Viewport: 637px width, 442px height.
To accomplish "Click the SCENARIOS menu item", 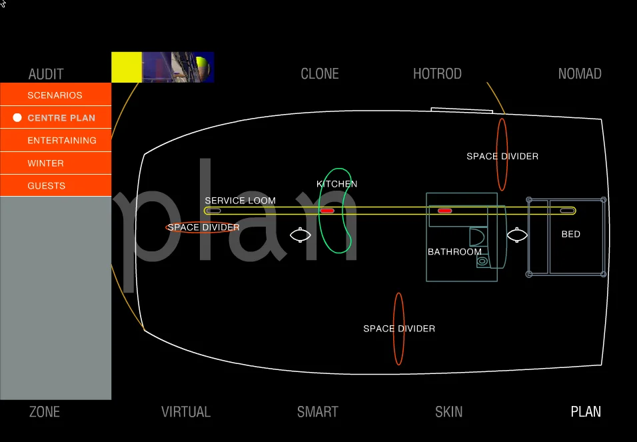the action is click(55, 95).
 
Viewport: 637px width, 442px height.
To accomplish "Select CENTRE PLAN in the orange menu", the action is click(61, 118).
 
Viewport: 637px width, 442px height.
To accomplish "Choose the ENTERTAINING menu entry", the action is click(62, 141).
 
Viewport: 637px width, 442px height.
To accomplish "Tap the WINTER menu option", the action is click(45, 163).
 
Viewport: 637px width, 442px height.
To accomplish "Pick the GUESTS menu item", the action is click(46, 186).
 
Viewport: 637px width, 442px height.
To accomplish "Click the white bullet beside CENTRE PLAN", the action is click(17, 118).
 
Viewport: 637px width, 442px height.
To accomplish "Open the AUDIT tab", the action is click(46, 74).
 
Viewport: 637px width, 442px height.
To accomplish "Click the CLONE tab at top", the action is click(320, 74).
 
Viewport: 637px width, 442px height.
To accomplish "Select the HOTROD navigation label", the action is click(437, 74).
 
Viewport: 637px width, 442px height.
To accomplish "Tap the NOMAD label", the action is click(580, 74).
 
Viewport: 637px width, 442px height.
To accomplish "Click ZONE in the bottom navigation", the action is click(45, 412).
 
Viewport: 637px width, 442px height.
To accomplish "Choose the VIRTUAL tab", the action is click(186, 412).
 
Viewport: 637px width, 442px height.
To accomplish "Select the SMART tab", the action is click(318, 412).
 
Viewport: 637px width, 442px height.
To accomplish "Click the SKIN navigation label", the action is click(448, 412).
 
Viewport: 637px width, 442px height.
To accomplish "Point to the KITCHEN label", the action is click(336, 184).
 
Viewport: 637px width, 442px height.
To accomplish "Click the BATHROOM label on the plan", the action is click(454, 252).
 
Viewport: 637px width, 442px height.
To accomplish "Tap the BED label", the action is click(571, 235).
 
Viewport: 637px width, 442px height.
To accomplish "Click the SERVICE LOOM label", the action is click(240, 201).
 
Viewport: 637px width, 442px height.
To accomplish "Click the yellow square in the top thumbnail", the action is click(127, 67).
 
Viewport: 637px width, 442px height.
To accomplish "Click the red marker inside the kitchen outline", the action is click(327, 211).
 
